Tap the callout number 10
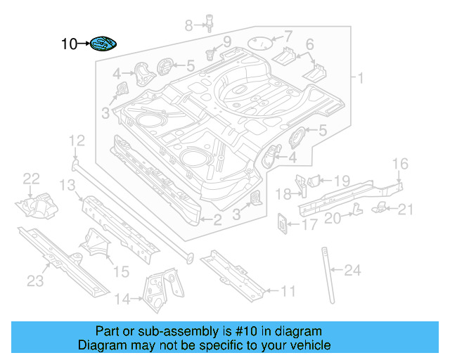point(70,44)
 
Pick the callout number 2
point(217,220)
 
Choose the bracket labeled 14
point(160,288)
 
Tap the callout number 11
point(288,290)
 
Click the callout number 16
point(399,164)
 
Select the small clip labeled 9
point(210,53)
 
